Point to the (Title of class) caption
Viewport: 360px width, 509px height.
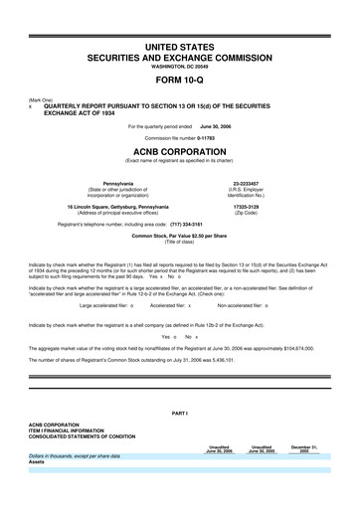180,242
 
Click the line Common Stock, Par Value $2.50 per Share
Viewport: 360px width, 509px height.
180,236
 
